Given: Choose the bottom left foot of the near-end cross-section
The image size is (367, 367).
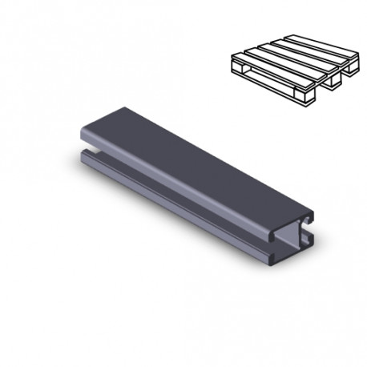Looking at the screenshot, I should (x=276, y=256).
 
